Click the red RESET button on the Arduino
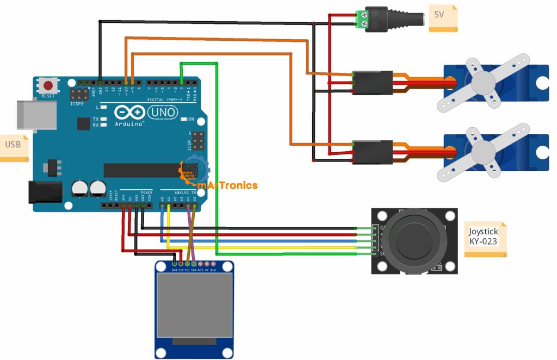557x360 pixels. [49, 85]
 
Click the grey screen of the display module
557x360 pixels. [195, 305]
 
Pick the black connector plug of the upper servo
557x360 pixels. [373, 83]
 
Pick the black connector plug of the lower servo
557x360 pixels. [373, 152]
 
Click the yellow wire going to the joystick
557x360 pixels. [272, 247]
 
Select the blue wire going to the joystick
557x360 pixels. [272, 240]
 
